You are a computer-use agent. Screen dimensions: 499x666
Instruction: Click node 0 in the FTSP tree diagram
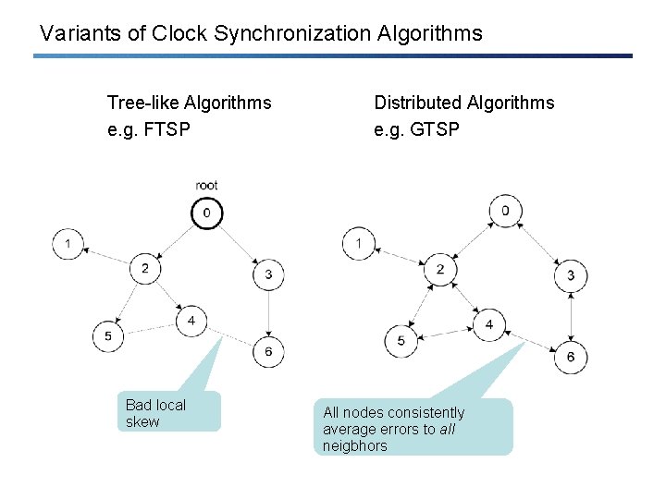pos(206,213)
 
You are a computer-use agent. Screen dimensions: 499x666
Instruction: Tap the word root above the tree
pos(206,186)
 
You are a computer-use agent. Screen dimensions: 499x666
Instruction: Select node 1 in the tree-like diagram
pos(67,244)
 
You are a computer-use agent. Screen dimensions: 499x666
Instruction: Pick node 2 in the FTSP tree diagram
pos(145,269)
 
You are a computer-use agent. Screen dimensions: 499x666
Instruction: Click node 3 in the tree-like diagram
pos(268,274)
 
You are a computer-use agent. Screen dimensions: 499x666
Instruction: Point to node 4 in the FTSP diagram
pos(191,321)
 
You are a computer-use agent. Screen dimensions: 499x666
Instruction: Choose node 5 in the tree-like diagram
pos(107,335)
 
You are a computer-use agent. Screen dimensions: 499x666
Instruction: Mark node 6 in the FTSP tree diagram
pos(268,352)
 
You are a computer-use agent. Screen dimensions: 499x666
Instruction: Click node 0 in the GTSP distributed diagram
pos(505,211)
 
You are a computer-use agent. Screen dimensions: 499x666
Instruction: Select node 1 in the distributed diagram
pos(358,244)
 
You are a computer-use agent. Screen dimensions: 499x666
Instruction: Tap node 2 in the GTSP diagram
pos(440,269)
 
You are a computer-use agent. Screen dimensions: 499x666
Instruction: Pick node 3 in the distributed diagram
pos(571,274)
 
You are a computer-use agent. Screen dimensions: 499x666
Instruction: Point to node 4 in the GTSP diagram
pos(488,325)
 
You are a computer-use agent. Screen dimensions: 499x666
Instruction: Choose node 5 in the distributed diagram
pos(401,341)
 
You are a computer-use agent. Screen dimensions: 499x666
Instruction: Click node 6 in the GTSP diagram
pos(571,357)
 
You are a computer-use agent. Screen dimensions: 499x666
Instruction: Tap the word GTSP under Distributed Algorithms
pos(437,129)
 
